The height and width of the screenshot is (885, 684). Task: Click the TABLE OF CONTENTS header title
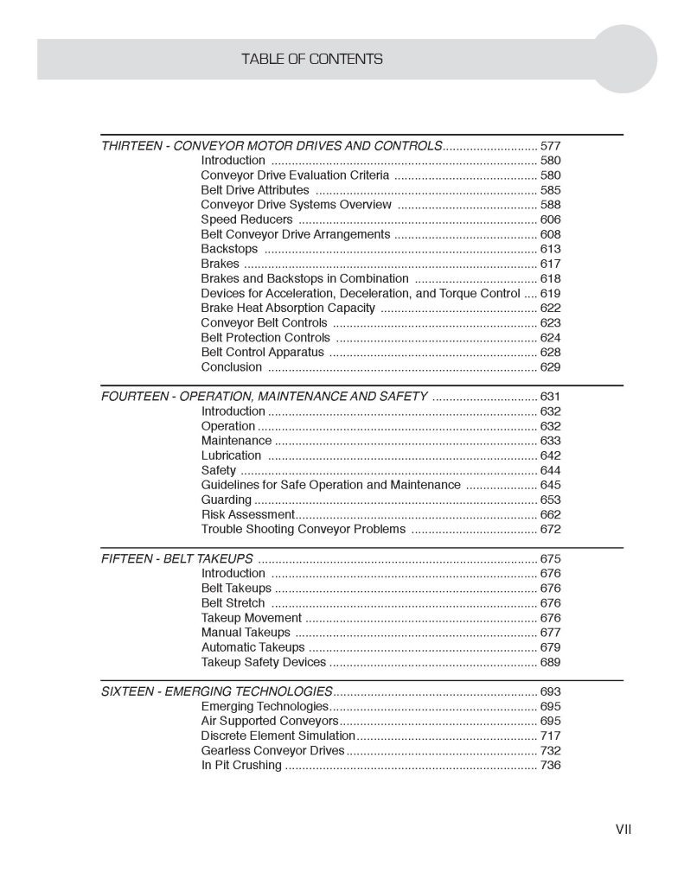pos(312,59)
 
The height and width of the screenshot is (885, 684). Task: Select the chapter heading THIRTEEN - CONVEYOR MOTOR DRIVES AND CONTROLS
pos(272,145)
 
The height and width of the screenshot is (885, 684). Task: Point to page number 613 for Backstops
pos(550,249)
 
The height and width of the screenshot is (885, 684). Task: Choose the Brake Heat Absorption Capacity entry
pos(288,308)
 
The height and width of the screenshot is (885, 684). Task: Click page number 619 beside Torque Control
pos(550,293)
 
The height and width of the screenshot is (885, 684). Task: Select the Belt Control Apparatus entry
pos(262,352)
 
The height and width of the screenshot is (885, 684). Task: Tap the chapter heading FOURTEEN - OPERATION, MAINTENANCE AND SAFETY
pos(264,397)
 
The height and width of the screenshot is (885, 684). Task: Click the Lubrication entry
pos(231,455)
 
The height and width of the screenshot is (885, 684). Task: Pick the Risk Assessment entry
pos(248,514)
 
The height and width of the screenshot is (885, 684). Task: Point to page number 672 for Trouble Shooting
pos(550,529)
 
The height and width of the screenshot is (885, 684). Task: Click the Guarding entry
pos(227,500)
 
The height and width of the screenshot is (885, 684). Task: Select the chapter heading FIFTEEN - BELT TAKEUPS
pos(177,558)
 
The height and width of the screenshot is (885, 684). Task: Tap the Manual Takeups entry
pos(246,633)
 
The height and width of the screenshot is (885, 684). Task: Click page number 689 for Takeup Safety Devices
pos(550,662)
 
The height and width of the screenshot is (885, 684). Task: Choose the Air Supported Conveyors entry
pos(269,721)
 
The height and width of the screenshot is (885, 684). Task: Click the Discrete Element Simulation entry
pos(278,735)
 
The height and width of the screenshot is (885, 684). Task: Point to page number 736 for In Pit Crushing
pos(550,765)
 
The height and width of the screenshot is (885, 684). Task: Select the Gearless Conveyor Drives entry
pos(272,750)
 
